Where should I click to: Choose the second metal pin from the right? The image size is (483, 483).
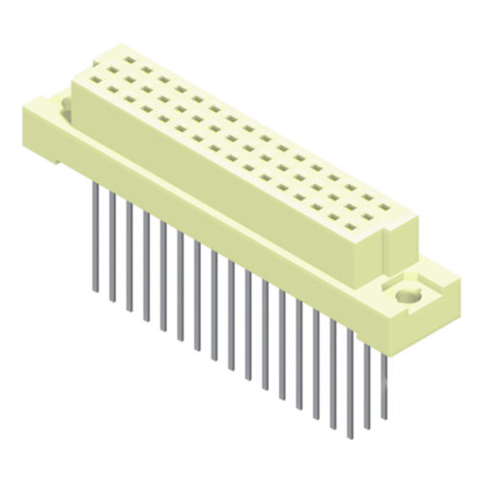pos(366,386)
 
